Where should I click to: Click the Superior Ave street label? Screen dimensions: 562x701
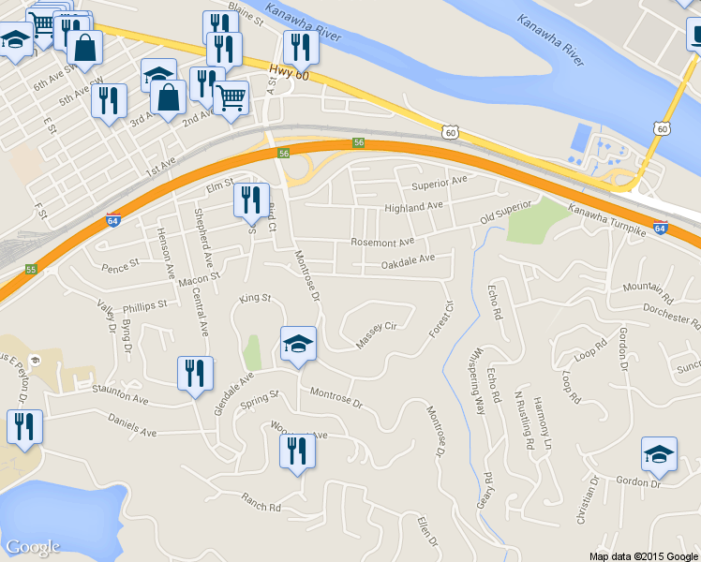pyautogui.click(x=445, y=182)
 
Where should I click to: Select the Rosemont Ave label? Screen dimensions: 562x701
pyautogui.click(x=381, y=242)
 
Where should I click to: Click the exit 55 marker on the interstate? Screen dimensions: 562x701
pyautogui.click(x=31, y=269)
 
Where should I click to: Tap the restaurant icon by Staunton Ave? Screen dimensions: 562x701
pyautogui.click(x=195, y=374)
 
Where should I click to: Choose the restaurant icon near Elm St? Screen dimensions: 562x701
pyautogui.click(x=250, y=200)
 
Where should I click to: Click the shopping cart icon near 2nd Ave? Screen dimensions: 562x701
pyautogui.click(x=231, y=97)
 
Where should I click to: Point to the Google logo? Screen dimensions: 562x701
pyautogui.click(x=32, y=547)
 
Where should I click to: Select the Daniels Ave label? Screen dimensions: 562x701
pyautogui.click(x=132, y=426)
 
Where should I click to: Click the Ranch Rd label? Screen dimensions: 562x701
pyautogui.click(x=261, y=502)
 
